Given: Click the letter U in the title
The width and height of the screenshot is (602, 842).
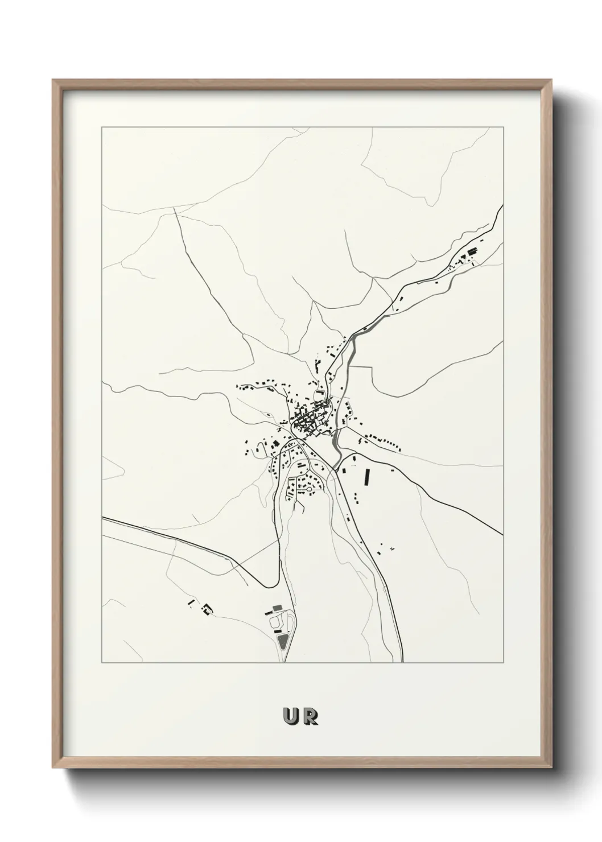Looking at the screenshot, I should pyautogui.click(x=291, y=717).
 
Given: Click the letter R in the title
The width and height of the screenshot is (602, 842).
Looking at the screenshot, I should pyautogui.click(x=310, y=717).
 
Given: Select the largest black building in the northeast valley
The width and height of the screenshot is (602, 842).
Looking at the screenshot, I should pyautogui.click(x=471, y=251).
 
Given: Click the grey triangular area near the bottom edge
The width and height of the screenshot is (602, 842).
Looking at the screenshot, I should pyautogui.click(x=283, y=642).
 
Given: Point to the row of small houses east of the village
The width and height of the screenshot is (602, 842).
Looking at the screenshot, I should pyautogui.click(x=385, y=441).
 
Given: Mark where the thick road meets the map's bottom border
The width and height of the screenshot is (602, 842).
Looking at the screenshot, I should pyautogui.click(x=403, y=662).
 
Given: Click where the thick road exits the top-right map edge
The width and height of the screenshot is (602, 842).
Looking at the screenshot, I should pyautogui.click(x=502, y=206).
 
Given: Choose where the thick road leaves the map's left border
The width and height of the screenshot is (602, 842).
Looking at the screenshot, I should pyautogui.click(x=102, y=518).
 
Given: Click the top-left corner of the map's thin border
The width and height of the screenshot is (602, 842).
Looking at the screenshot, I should pyautogui.click(x=102, y=127).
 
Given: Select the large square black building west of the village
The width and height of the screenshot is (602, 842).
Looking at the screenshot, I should pyautogui.click(x=276, y=442).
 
